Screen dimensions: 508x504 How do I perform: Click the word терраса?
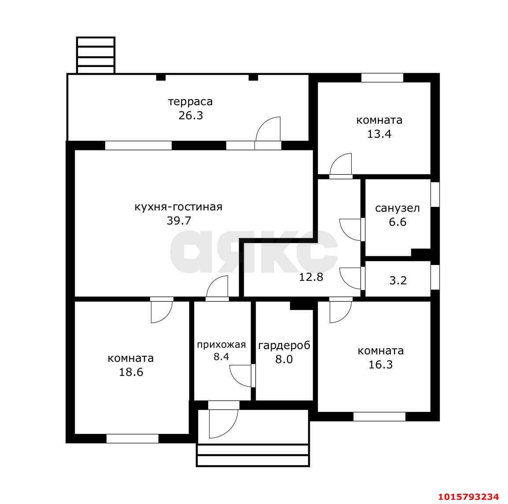191,102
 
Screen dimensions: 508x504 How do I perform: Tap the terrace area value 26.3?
191,115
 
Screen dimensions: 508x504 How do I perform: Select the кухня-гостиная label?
179,206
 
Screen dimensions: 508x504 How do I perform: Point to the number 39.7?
179,221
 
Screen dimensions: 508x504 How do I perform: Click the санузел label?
398,208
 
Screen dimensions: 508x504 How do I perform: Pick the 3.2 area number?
398,280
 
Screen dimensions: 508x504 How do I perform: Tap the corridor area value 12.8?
311,277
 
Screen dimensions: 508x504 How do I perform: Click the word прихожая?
221,345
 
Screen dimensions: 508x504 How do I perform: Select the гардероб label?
284,346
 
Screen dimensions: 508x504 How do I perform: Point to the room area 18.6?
131,372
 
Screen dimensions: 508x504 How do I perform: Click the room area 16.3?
381,364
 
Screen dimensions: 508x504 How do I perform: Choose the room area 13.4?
379,134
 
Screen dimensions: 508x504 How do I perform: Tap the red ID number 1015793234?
468,497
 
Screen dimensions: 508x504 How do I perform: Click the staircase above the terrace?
96,55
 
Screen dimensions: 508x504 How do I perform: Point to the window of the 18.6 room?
133,438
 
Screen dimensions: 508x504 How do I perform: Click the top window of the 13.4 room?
382,78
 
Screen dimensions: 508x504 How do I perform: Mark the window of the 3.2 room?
435,277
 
